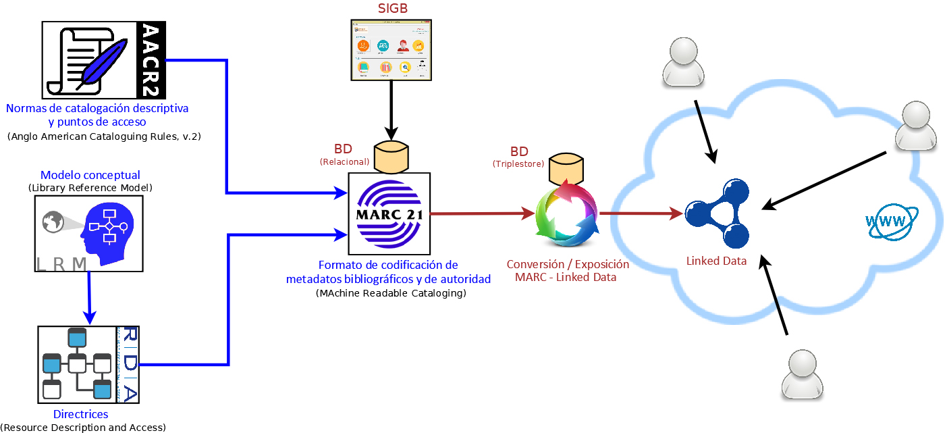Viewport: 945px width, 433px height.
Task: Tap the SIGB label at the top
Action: (393, 8)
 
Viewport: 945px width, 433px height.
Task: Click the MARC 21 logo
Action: (389, 214)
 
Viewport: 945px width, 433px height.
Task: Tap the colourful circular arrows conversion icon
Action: (566, 214)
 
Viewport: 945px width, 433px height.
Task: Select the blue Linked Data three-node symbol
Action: (717, 214)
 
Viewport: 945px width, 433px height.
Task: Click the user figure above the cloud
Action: (687, 62)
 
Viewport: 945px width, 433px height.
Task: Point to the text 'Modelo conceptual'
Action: (90, 175)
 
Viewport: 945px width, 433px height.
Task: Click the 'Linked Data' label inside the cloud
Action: (716, 261)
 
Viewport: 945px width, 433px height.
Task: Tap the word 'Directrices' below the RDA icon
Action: (81, 414)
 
